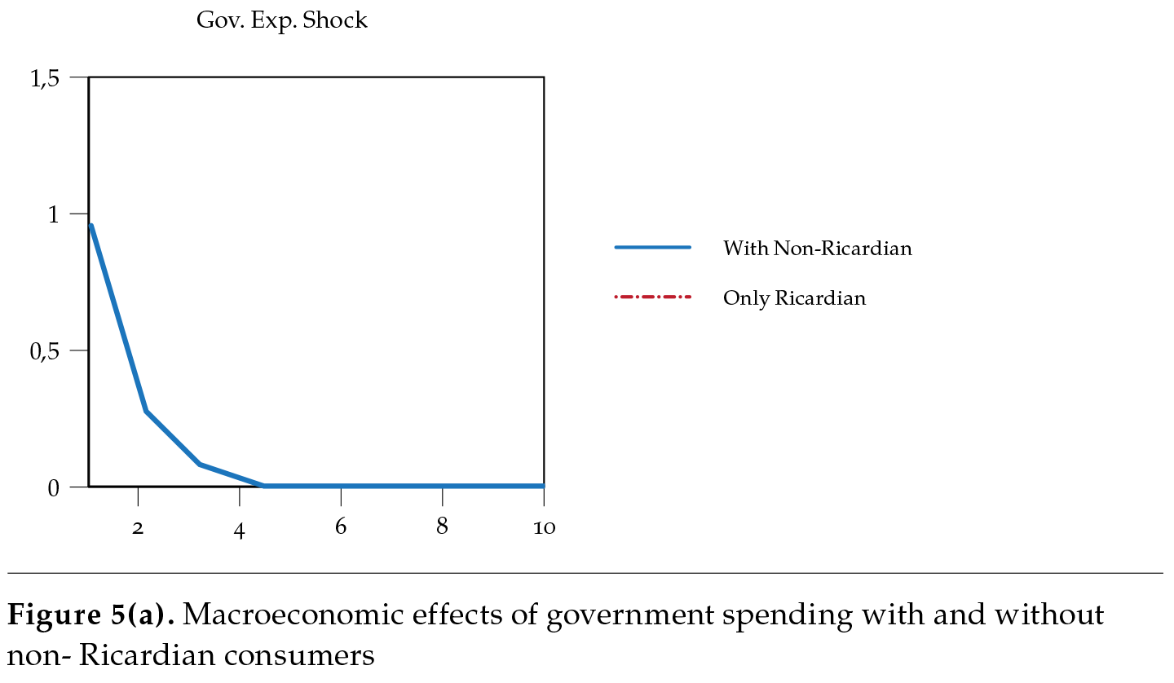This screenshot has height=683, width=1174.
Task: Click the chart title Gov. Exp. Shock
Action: pyautogui.click(x=281, y=21)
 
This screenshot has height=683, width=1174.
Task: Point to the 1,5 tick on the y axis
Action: pyautogui.click(x=45, y=78)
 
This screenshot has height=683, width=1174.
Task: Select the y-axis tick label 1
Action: pyautogui.click(x=55, y=214)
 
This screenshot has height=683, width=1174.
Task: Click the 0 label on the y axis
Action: pyautogui.click(x=54, y=487)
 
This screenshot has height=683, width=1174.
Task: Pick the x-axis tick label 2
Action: pyautogui.click(x=138, y=528)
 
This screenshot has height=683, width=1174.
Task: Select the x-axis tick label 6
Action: pyautogui.click(x=341, y=527)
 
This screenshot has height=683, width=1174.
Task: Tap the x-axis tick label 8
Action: pyautogui.click(x=442, y=527)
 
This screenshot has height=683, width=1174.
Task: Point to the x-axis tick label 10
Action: pyautogui.click(x=544, y=528)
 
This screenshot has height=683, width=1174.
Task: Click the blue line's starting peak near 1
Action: pyautogui.click(x=90, y=226)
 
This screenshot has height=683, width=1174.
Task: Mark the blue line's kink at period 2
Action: pyautogui.click(x=146, y=411)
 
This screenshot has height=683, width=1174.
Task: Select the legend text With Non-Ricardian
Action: pyautogui.click(x=817, y=249)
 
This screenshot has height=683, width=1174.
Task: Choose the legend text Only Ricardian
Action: pyautogui.click(x=794, y=298)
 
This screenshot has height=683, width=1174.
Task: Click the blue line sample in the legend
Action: pyautogui.click(x=652, y=247)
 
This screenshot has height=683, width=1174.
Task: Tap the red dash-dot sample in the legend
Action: pyautogui.click(x=652, y=297)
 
